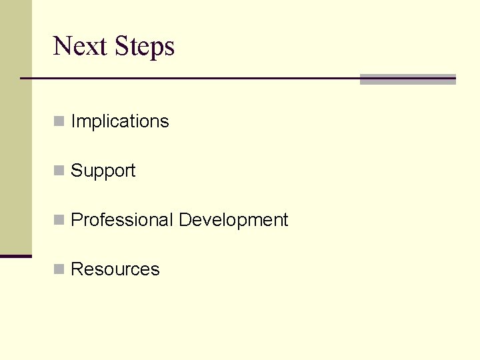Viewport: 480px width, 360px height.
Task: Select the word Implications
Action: coord(120,121)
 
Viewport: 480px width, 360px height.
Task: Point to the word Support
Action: coord(103,171)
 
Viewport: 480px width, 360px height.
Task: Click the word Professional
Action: coord(121,220)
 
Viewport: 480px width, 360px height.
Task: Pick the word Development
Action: coord(233,221)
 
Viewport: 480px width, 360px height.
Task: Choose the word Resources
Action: coord(115,269)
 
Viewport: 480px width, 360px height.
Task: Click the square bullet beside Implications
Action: coord(59,121)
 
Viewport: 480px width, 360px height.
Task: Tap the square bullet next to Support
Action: coord(59,171)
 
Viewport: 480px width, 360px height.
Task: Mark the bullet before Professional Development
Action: coord(59,220)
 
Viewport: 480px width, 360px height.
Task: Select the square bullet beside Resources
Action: coord(59,269)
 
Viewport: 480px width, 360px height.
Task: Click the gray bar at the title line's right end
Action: coord(407,79)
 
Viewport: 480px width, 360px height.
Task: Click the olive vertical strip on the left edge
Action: coord(15,127)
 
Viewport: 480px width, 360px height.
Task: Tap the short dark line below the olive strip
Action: coord(15,256)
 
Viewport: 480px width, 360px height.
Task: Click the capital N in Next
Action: coord(62,46)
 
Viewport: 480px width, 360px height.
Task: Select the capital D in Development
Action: coord(185,220)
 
